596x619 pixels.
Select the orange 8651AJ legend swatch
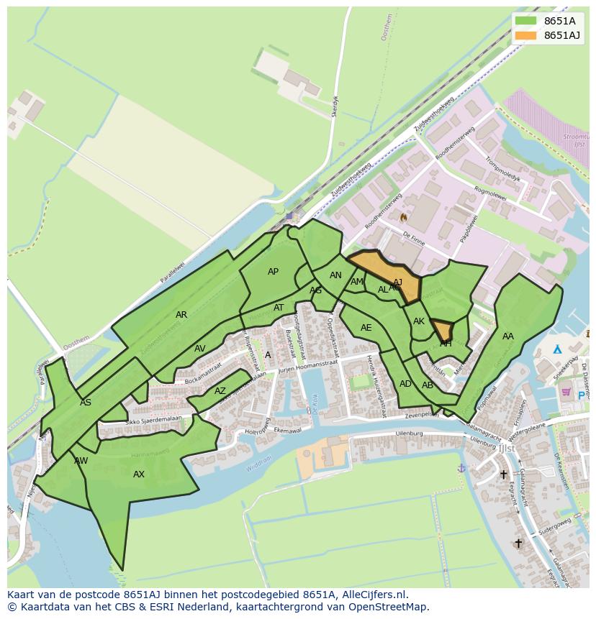pos(526,35)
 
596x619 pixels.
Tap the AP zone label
pos(273,272)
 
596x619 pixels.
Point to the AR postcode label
pos(181,315)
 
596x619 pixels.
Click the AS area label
pos(86,403)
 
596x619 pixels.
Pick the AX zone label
pos(139,474)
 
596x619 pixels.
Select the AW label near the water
pos(81,460)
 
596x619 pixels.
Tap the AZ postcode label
pos(220,392)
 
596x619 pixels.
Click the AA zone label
pos(508,336)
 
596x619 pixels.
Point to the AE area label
pos(366,328)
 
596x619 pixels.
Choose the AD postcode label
pos(405,384)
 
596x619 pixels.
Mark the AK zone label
pos(419,321)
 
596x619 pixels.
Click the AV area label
pos(200,349)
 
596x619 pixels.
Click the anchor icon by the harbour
pos(461,468)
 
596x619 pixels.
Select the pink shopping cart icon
pos(566,393)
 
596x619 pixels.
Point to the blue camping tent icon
pos(556,349)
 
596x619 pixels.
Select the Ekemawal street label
pos(286,430)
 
